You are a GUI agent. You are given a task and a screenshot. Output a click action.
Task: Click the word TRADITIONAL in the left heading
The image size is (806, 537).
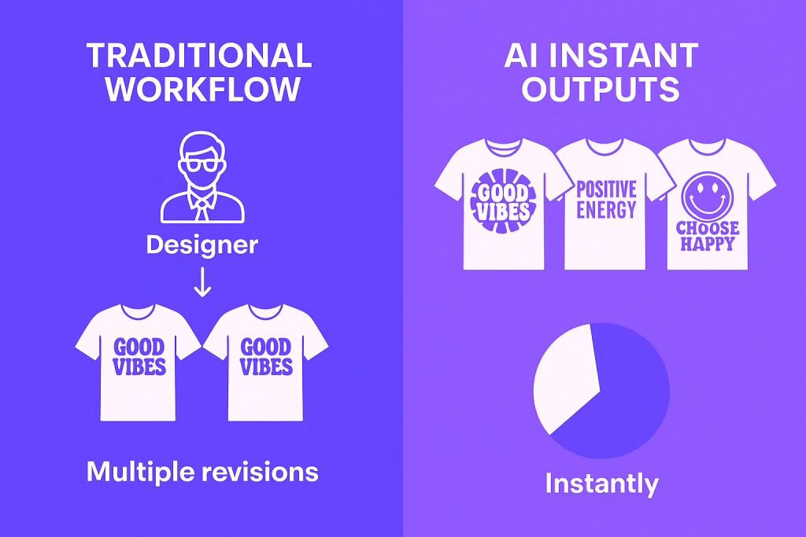(198, 56)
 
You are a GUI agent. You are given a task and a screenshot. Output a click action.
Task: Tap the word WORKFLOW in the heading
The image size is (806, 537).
(203, 89)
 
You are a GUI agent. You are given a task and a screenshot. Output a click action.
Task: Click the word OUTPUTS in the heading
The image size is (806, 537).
(601, 89)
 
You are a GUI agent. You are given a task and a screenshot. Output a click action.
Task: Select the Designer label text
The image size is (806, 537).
(202, 245)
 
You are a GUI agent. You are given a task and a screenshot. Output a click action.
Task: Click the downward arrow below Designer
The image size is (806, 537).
(202, 282)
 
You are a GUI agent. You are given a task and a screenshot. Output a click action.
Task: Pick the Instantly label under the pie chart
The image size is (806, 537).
(601, 483)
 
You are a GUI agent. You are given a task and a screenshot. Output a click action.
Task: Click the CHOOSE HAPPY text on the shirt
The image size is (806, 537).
(708, 235)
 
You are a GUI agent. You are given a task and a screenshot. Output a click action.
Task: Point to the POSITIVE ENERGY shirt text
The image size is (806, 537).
(606, 200)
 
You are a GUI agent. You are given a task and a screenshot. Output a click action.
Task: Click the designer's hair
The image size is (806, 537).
(202, 145)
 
